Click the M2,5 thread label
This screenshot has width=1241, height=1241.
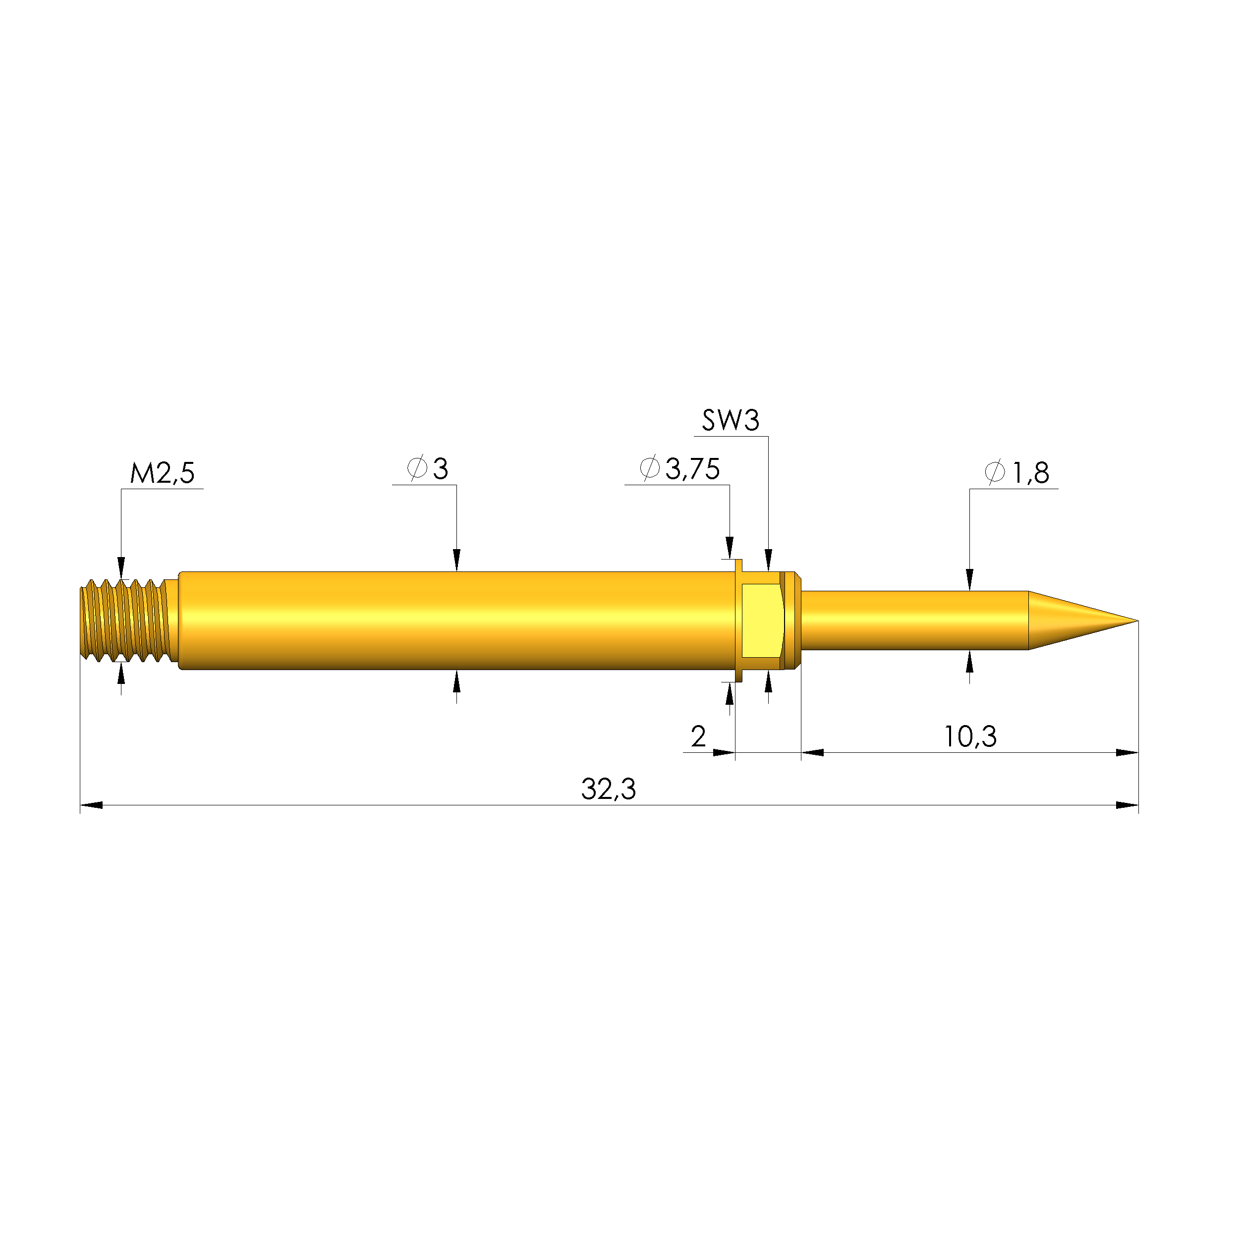coord(162,473)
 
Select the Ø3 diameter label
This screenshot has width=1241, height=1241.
coord(428,469)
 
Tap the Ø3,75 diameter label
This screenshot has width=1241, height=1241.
coord(679,469)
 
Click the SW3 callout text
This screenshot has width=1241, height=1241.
coord(731,421)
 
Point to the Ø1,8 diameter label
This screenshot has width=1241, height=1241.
coord(1017,473)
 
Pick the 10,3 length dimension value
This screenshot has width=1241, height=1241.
coord(970,737)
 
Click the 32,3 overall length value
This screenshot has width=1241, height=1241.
coord(608,790)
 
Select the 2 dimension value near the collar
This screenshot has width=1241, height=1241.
coord(698,736)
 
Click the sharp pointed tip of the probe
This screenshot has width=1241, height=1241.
coord(1137,620)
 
